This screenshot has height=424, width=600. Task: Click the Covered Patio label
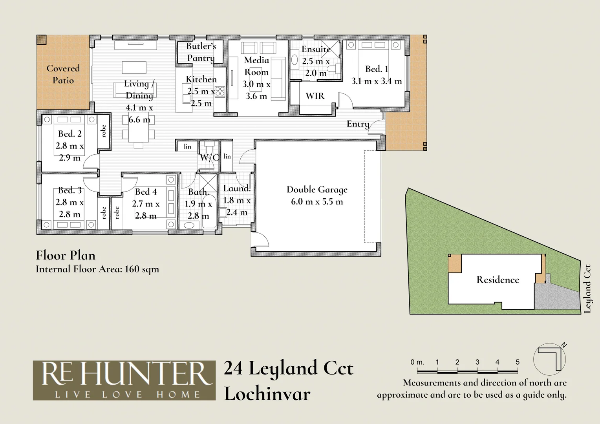click(x=63, y=74)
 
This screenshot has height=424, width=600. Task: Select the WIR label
click(x=315, y=96)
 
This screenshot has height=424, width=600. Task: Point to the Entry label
click(x=358, y=124)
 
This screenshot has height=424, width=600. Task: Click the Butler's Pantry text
click(x=201, y=52)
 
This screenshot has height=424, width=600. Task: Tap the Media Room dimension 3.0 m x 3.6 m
click(x=256, y=90)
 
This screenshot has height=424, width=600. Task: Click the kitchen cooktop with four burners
click(x=220, y=91)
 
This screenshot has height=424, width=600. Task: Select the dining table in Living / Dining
click(x=138, y=128)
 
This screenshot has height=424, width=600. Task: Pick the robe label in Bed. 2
click(x=104, y=131)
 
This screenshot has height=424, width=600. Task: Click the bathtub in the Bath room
click(x=209, y=211)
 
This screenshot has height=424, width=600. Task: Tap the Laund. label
click(x=237, y=188)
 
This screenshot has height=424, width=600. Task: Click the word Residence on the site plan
click(x=498, y=280)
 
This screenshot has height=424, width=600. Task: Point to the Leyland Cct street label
click(x=587, y=289)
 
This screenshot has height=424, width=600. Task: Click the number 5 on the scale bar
click(x=518, y=362)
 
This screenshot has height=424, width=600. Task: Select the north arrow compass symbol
click(x=550, y=359)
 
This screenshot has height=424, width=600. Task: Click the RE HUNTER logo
click(x=124, y=380)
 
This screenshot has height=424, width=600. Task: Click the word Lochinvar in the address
click(x=267, y=394)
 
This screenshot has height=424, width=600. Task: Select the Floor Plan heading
click(x=66, y=255)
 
